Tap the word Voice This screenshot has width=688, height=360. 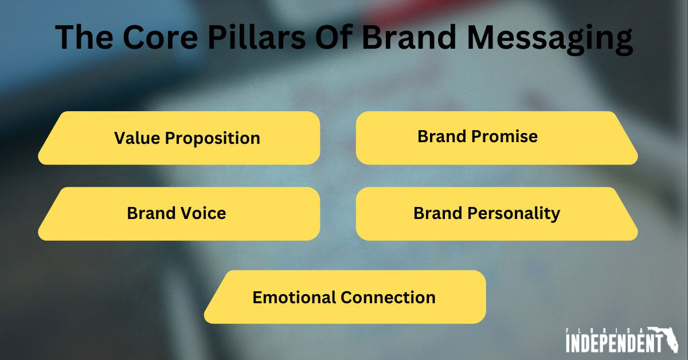pos(201,213)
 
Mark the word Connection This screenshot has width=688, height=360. pos(388,298)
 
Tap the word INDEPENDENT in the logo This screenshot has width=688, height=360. pos(609,344)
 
